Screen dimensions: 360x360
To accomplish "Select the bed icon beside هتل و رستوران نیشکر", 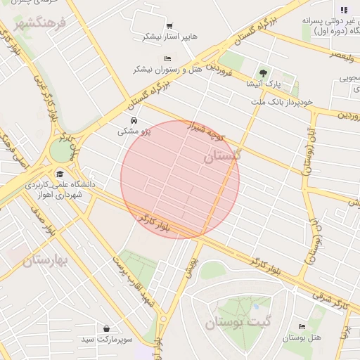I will [167, 58].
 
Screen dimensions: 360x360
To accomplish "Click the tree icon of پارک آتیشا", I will [264, 72].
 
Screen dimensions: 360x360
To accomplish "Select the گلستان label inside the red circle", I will [221, 157].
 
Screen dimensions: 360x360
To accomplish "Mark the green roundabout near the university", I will [61, 149].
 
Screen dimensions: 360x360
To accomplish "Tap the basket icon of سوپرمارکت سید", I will [106, 328].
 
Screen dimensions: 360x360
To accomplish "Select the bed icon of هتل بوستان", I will [302, 327].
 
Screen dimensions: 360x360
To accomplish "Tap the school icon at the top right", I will [343, 10].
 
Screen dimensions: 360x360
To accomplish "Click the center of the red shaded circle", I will [180, 179].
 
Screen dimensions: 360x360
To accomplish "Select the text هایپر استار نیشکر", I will [171, 36].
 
